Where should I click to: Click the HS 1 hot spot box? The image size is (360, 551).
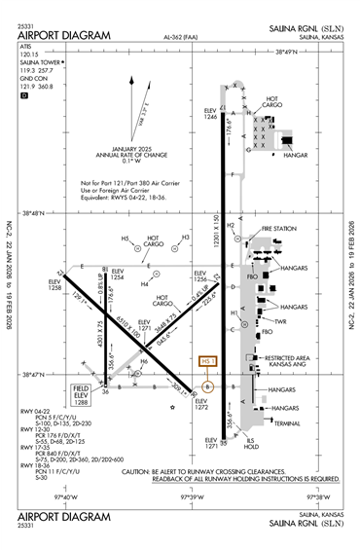[204, 362]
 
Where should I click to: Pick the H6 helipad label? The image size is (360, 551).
[145, 362]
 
